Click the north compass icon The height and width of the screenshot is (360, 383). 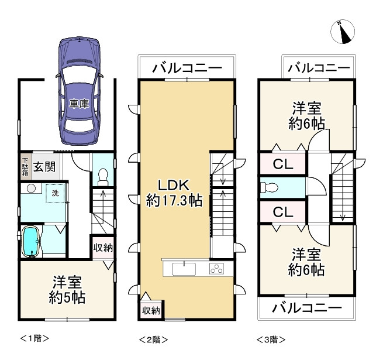tap(344, 33)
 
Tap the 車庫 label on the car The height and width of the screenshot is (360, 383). tap(78, 104)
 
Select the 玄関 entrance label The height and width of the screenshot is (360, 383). tap(44, 167)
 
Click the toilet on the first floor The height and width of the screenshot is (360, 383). tap(103, 174)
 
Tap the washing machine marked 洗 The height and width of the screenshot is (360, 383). tap(56, 193)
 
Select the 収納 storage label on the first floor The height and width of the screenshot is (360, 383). tap(103, 248)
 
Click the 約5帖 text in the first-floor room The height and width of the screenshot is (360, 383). tap(66, 297)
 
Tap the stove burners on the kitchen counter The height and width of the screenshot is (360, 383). tap(216, 269)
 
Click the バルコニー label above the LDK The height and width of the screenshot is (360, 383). tap(187, 68)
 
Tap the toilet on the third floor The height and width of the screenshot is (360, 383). tap(271, 188)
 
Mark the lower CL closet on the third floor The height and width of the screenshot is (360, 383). tap(282, 211)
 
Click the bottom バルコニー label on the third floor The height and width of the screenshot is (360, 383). tap(307, 307)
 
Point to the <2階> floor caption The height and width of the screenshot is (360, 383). tap(154, 339)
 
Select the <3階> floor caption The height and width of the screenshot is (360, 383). tap(271, 339)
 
